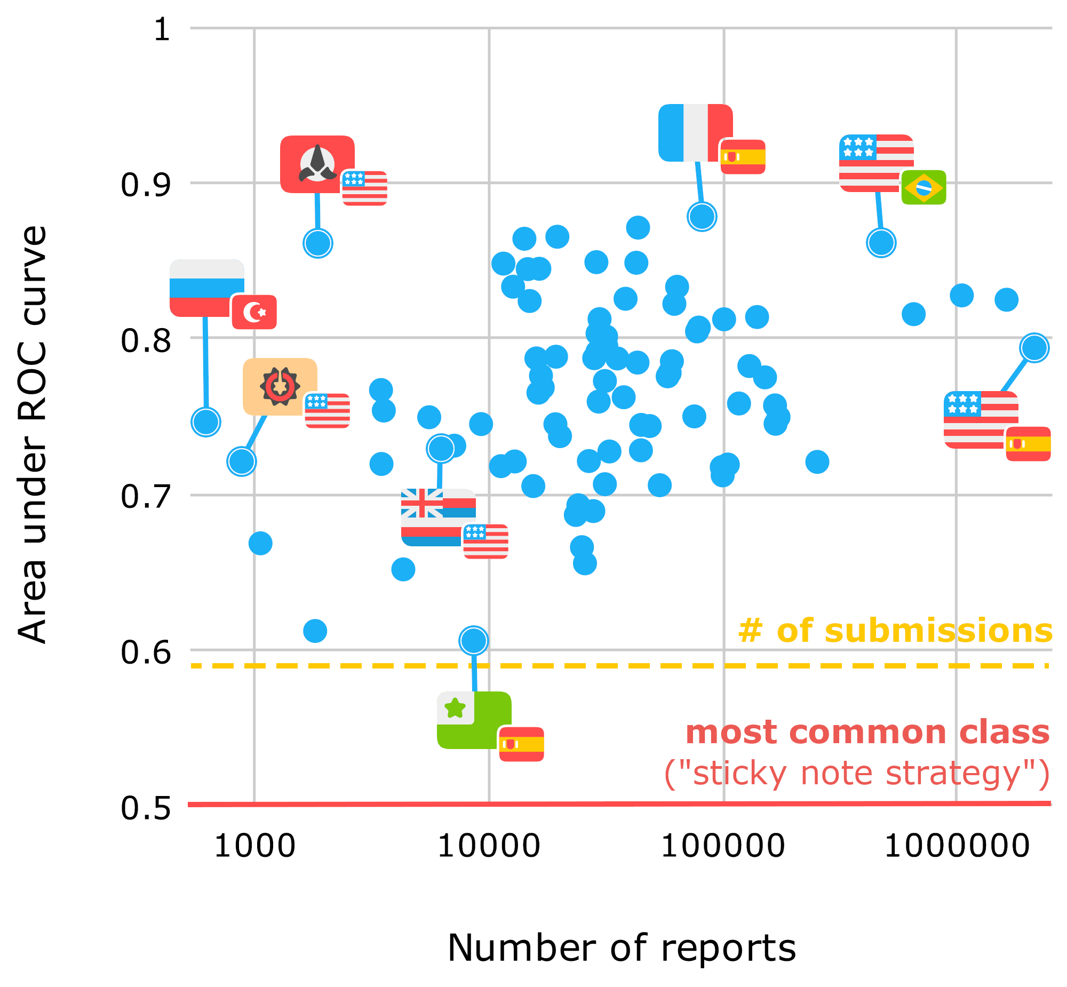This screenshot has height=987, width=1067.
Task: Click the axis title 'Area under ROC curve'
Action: coord(32,434)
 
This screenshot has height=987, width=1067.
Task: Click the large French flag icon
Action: coord(695,132)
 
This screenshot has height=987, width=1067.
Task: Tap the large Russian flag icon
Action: coord(206,288)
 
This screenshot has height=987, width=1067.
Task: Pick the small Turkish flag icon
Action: coord(254,312)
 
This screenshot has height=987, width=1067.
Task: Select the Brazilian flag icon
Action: coord(923,187)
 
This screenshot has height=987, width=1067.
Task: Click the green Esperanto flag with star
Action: coord(473,720)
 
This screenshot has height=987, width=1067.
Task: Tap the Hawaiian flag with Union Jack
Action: coord(438,516)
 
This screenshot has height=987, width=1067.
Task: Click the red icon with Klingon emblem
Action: coord(317,164)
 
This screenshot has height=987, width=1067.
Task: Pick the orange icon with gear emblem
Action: coord(280,386)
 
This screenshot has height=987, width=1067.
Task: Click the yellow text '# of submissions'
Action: coord(895,631)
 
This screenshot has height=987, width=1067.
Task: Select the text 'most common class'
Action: coord(867,731)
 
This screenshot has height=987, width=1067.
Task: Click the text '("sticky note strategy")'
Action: coord(857,773)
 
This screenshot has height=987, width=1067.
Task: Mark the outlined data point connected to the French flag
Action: coord(702,216)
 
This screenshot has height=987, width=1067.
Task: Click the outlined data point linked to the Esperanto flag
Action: coord(473,640)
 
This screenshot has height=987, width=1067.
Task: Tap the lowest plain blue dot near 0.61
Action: coord(315,631)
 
